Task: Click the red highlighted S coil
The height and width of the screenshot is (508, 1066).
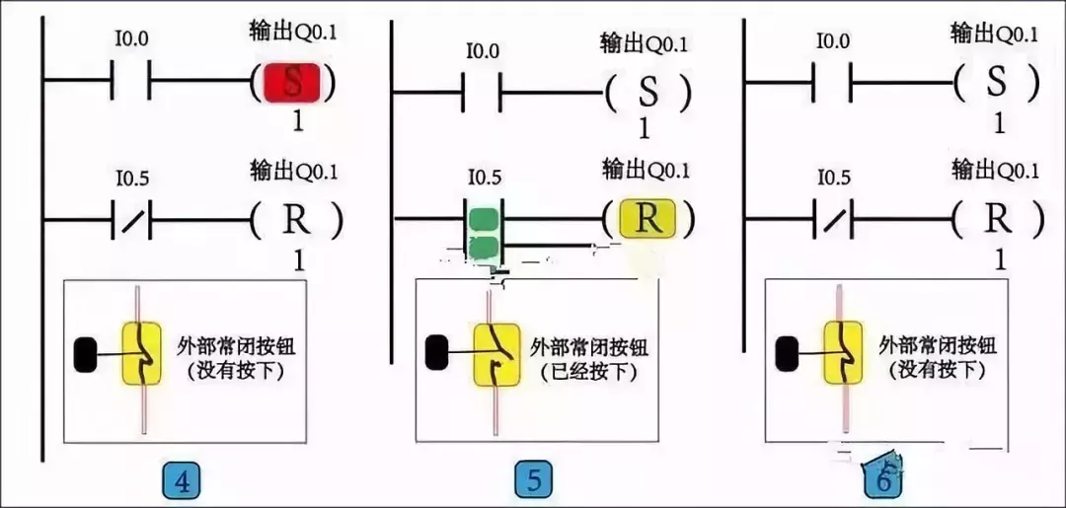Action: click(x=293, y=82)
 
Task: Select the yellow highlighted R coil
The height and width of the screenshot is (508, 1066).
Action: click(x=647, y=218)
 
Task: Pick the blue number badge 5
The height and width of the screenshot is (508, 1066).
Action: click(x=534, y=480)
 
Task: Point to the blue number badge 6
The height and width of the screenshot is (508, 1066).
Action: click(x=884, y=480)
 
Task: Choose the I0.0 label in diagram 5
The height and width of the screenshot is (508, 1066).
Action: click(x=483, y=49)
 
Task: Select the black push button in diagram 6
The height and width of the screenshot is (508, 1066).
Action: click(x=788, y=354)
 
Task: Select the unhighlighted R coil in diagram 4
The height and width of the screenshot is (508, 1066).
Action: click(x=296, y=221)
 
